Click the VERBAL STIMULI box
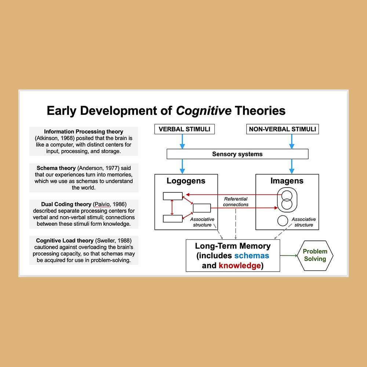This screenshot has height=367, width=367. [184, 129]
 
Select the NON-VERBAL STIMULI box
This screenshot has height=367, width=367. [282, 129]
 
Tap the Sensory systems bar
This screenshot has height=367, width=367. [237, 154]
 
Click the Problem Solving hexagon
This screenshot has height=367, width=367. [315, 255]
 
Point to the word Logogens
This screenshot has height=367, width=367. [186, 181]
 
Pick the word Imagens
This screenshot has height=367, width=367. [287, 181]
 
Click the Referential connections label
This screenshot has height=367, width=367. [236, 201]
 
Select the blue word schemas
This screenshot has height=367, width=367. [252, 255]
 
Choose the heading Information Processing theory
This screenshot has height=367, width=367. [84, 131]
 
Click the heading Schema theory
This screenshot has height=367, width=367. [56, 168]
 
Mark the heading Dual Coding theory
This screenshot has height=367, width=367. [66, 204]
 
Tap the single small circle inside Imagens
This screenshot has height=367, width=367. [283, 221]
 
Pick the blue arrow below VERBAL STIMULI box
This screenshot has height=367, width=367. [182, 141]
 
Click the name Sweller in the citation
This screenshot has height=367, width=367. [107, 240]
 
